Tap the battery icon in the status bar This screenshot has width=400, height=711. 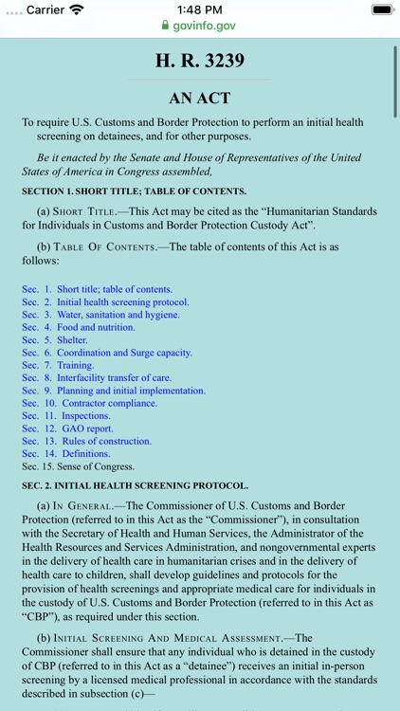pyautogui.click(x=381, y=9)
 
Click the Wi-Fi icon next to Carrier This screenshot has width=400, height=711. pyautogui.click(x=77, y=9)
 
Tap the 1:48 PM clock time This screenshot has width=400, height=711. pyautogui.click(x=200, y=9)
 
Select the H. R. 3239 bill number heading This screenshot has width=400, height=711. pyautogui.click(x=200, y=61)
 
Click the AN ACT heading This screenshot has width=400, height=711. pyautogui.click(x=200, y=98)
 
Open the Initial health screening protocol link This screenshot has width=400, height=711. pyautogui.click(x=122, y=302)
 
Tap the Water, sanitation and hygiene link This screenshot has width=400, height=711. pyautogui.click(x=118, y=315)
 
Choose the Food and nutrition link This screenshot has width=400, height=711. pyautogui.click(x=96, y=327)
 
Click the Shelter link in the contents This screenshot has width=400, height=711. pyautogui.click(x=72, y=340)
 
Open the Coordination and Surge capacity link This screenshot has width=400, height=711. pyautogui.click(x=124, y=353)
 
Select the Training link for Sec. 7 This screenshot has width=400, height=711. pyautogui.click(x=75, y=365)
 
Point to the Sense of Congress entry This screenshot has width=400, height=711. pyautogui.click(x=96, y=466)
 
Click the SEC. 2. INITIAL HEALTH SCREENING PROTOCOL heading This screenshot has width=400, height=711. pyautogui.click(x=136, y=485)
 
